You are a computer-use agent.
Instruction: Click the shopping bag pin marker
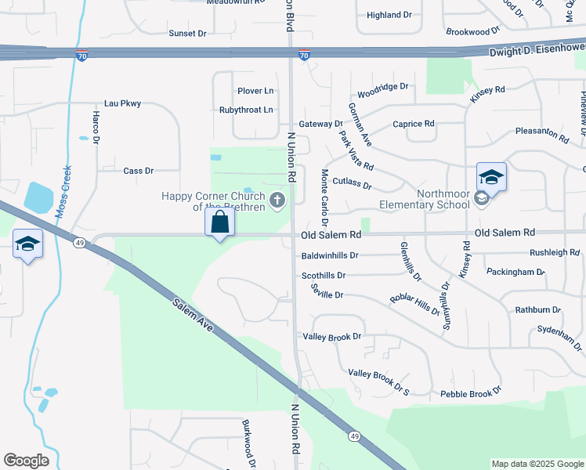click(x=220, y=223)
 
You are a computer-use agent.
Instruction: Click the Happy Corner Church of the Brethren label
click(x=214, y=201)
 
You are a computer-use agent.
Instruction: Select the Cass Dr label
click(x=139, y=170)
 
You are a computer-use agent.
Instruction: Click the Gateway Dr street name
click(x=320, y=124)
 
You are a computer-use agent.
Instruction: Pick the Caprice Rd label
click(x=413, y=124)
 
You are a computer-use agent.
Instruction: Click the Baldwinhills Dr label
click(x=330, y=255)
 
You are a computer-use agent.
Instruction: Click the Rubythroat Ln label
click(x=246, y=110)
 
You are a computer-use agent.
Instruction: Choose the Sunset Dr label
click(x=187, y=34)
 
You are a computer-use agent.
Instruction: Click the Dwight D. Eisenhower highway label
click(x=537, y=52)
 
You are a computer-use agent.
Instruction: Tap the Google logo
click(x=26, y=461)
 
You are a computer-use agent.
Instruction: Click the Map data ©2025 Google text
click(x=537, y=464)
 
